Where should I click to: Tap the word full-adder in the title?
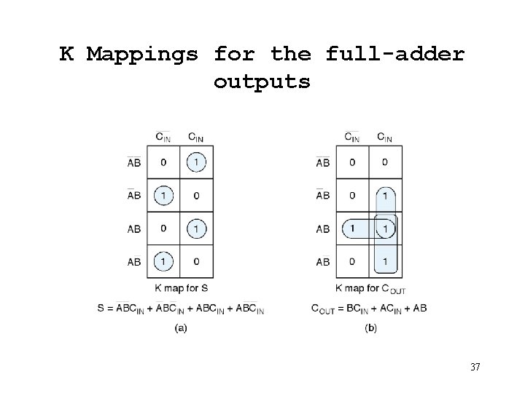pyautogui.click(x=395, y=54)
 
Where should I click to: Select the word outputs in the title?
pyautogui.click(x=262, y=82)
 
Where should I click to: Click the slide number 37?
pyautogui.click(x=475, y=367)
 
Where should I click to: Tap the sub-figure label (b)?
pyautogui.click(x=370, y=328)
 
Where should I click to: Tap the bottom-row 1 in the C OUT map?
pyautogui.click(x=384, y=261)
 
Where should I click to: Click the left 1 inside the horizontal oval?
pyautogui.click(x=354, y=229)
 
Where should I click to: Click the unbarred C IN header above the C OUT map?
pyautogui.click(x=384, y=136)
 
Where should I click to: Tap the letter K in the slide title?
pyautogui.click(x=66, y=54)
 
